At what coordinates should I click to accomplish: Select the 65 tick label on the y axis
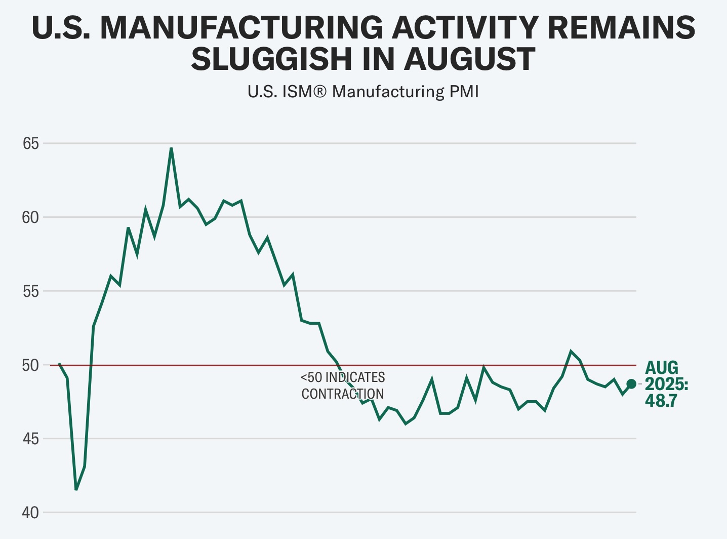(x=31, y=143)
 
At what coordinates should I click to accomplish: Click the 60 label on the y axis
(x=31, y=217)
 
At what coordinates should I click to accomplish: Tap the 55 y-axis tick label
(x=31, y=291)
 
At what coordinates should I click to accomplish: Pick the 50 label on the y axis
(x=31, y=365)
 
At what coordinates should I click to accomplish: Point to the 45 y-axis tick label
(x=31, y=439)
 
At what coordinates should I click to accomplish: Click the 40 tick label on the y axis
(x=31, y=513)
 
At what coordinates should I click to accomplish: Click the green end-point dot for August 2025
(x=631, y=384)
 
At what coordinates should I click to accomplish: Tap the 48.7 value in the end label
(x=661, y=401)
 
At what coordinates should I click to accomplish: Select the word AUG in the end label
(x=662, y=368)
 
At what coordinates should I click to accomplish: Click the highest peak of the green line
(x=171, y=148)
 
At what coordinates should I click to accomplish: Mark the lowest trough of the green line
(x=76, y=489)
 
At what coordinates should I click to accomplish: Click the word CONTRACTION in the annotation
(x=343, y=394)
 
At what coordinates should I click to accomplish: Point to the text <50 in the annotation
(x=311, y=377)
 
